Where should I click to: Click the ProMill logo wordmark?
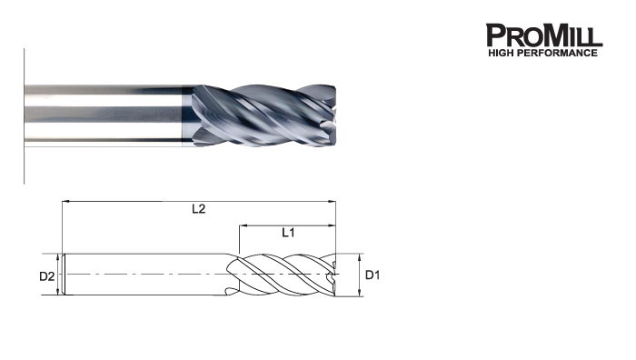coord(544,35)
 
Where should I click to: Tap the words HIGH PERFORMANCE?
coord(542,53)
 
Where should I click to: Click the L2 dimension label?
coord(199,209)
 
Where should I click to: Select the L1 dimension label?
coord(288,233)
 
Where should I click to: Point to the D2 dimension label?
coord(46,276)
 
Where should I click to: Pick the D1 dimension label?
coord(373,275)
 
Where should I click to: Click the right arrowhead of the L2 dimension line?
coord(333,201)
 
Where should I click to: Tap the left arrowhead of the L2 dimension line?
coord(65,201)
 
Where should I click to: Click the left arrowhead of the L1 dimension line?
coord(243,225)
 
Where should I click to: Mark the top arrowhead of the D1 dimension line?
coord(360,257)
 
